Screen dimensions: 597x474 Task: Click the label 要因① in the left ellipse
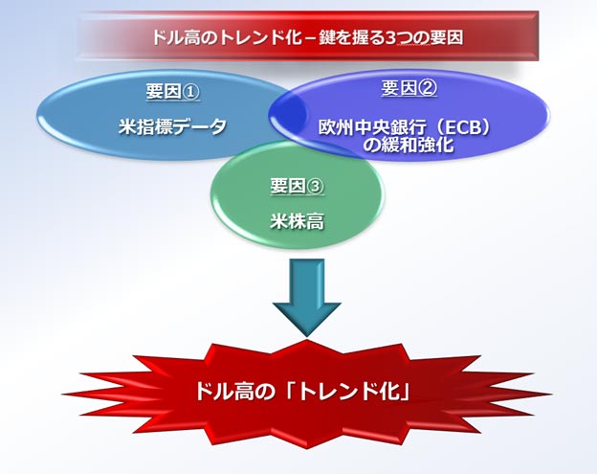[172, 92]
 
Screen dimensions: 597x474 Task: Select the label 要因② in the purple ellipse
[409, 88]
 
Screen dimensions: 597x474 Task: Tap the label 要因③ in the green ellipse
[298, 187]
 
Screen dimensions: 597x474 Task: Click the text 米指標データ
[172, 127]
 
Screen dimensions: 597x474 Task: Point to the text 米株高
[298, 221]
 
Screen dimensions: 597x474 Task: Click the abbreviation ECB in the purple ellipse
[461, 128]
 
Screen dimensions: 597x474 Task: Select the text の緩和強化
[407, 145]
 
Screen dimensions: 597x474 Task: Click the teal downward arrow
[306, 297]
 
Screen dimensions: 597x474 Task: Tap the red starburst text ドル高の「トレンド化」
[303, 392]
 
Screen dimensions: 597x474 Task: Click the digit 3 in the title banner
[390, 37]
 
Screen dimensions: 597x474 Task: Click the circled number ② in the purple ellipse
[429, 88]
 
